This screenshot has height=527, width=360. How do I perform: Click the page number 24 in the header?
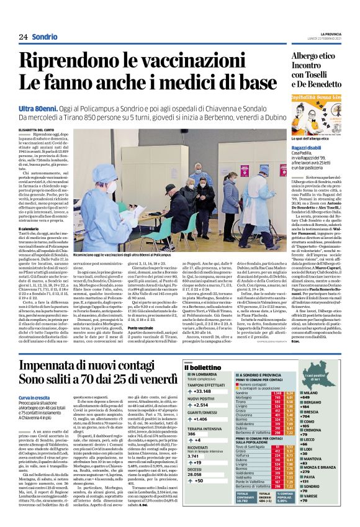click(x=23, y=37)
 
